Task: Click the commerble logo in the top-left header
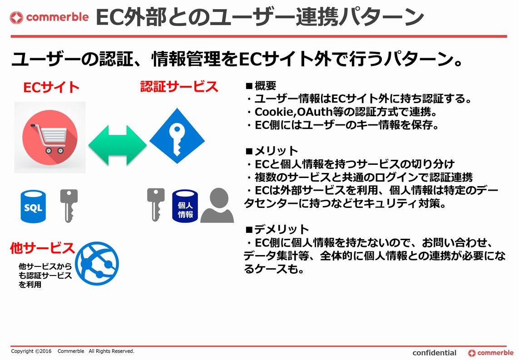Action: pyautogui.click(x=49, y=17)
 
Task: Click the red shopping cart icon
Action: pyautogui.click(x=50, y=137)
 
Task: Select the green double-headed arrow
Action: pyautogui.click(x=118, y=145)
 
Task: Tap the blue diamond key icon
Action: pyautogui.click(x=177, y=136)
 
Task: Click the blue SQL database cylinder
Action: pyautogui.click(x=33, y=206)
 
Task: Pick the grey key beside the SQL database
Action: pyautogui.click(x=69, y=206)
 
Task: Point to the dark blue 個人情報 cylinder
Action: pyautogui.click(x=185, y=206)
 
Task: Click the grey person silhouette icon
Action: pyautogui.click(x=217, y=205)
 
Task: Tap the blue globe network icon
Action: pyautogui.click(x=97, y=263)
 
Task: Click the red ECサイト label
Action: pyautogui.click(x=51, y=87)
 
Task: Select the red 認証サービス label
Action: pyautogui.click(x=179, y=87)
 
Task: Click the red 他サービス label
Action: pyautogui.click(x=42, y=248)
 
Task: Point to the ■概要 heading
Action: pyautogui.click(x=261, y=86)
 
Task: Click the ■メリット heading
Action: pyautogui.click(x=272, y=151)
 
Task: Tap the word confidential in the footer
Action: pyautogui.click(x=434, y=353)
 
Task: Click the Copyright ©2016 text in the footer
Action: pyautogui.click(x=31, y=351)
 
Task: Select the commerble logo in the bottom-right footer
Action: pyautogui.click(x=490, y=353)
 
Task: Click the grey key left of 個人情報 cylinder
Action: pyautogui.click(x=156, y=205)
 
